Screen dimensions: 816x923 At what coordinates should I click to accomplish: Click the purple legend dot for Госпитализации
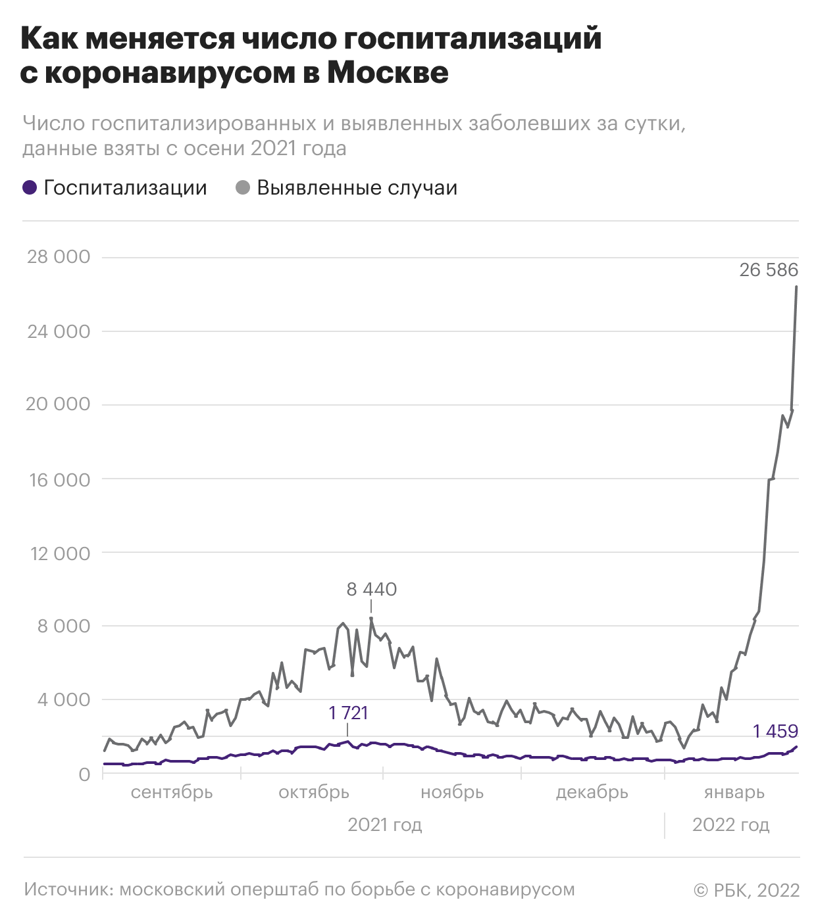click(x=30, y=188)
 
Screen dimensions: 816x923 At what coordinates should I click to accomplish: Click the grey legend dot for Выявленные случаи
click(x=243, y=188)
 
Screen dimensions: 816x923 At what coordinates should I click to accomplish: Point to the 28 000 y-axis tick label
click(x=59, y=257)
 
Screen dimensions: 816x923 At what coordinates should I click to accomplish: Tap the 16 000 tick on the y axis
click(x=60, y=480)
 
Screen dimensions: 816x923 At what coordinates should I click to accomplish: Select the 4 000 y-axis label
click(x=64, y=699)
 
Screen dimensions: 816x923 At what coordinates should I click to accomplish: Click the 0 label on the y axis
click(x=84, y=774)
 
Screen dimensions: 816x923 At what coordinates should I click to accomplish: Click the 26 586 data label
click(x=769, y=270)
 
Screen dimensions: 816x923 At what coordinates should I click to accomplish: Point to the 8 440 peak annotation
click(x=372, y=590)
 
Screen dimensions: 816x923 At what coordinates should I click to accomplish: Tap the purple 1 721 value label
click(x=348, y=713)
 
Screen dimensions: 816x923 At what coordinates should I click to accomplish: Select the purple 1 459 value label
click(x=775, y=732)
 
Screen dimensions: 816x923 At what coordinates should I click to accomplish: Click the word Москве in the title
click(x=388, y=73)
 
